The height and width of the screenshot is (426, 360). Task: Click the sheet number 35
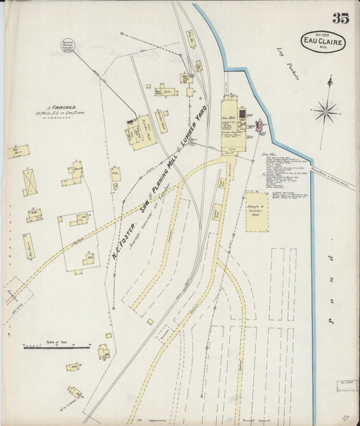pyautogui.click(x=340, y=18)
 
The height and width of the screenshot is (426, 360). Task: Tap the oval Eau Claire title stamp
pyautogui.click(x=322, y=41)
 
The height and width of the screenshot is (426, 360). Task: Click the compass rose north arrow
pyautogui.click(x=326, y=109)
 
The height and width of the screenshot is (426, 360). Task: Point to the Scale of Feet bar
pyautogui.click(x=56, y=347)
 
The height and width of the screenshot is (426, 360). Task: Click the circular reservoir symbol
pyautogui.click(x=68, y=45)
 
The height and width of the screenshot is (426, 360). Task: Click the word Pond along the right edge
pyautogui.click(x=331, y=291)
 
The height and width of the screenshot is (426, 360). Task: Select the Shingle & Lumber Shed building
pyautogui.click(x=257, y=211)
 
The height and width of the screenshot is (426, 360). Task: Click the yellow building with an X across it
pyautogui.click(x=30, y=182)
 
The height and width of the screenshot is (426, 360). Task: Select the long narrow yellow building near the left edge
pyautogui.click(x=28, y=246)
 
